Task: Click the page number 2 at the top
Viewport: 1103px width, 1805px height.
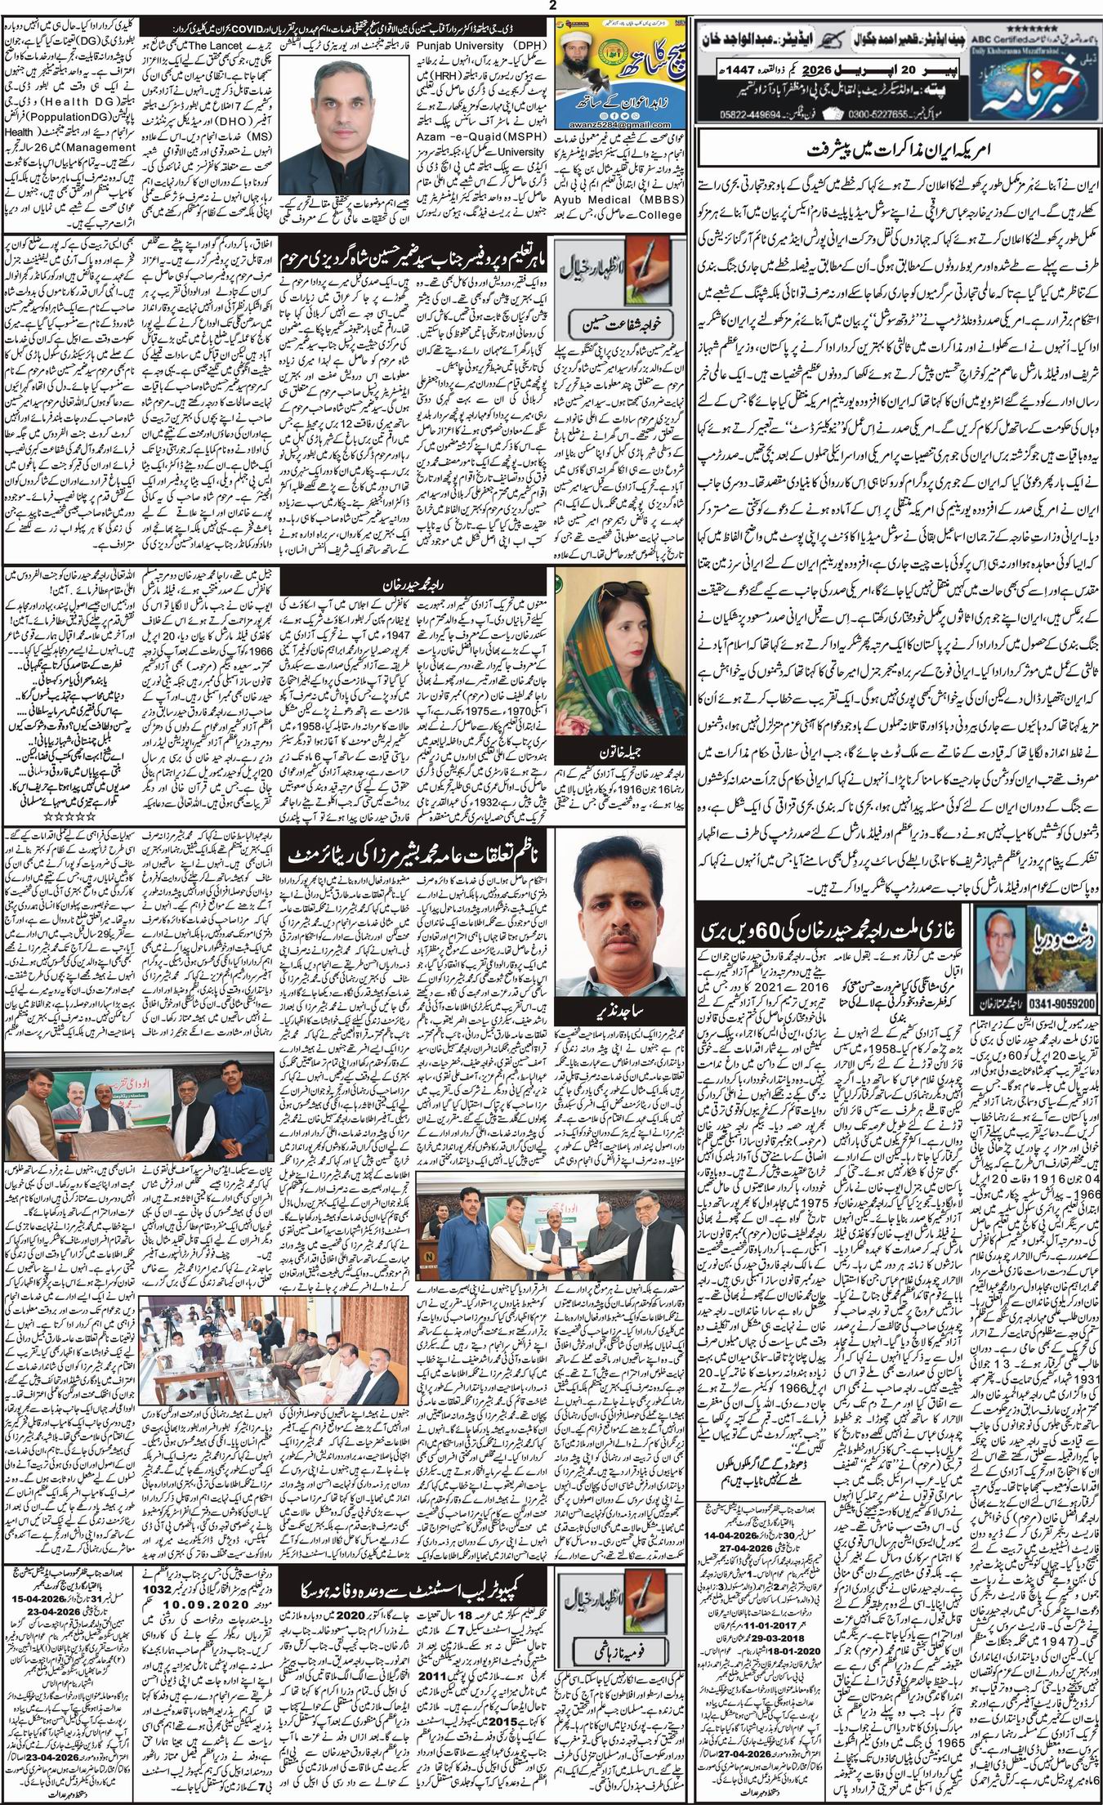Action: point(551,6)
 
